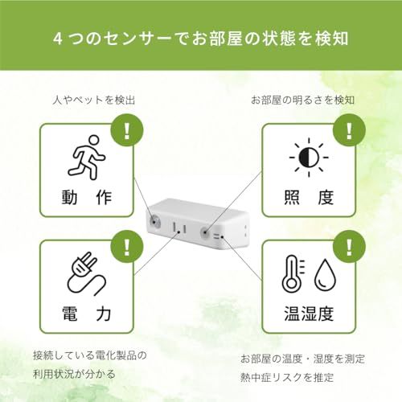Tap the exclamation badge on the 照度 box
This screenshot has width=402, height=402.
(x=347, y=129)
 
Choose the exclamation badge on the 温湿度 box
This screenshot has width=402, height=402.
(x=347, y=243)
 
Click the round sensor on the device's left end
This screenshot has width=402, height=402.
(x=154, y=218)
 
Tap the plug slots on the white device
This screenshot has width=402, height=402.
(x=178, y=230)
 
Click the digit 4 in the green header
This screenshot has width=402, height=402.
(x=58, y=38)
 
